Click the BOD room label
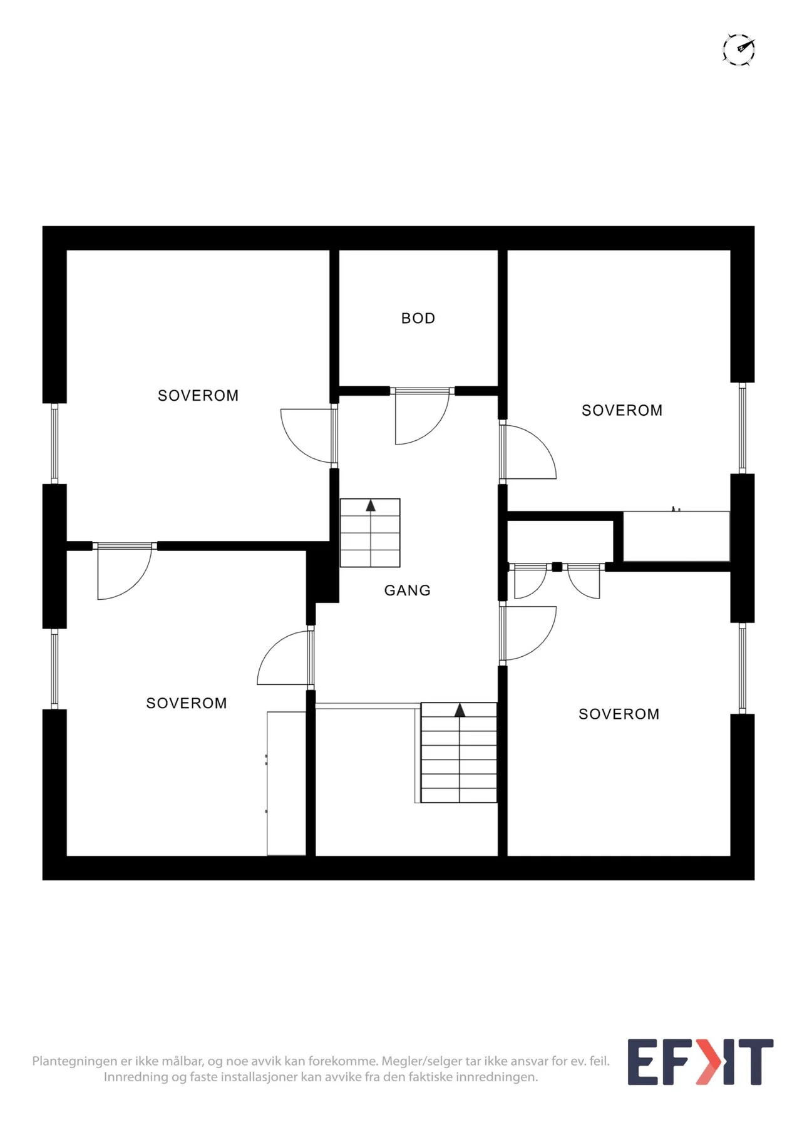[418, 318]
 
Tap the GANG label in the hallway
[407, 590]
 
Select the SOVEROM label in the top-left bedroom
[198, 396]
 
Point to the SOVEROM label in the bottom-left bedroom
[186, 703]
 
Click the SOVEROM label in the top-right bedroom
[622, 410]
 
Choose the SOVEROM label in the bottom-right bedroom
[619, 714]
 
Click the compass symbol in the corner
[739, 49]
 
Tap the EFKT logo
[701, 1062]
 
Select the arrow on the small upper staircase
[371, 505]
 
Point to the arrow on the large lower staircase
[460, 709]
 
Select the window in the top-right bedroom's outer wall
[743, 428]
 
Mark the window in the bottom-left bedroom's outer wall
[54, 669]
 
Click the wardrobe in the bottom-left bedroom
[286, 783]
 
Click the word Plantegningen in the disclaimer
[75, 1061]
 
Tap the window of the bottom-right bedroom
[743, 668]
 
